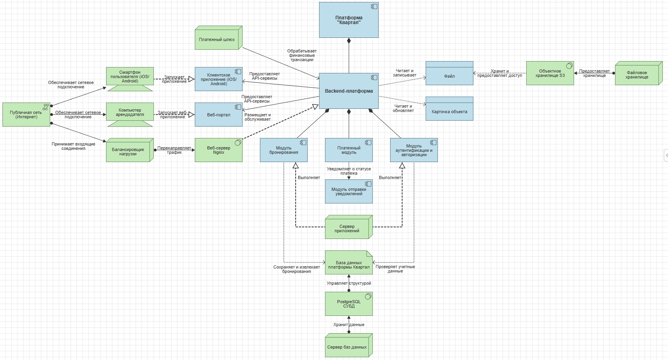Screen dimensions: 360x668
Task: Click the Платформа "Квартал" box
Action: [349, 20]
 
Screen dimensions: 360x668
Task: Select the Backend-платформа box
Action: [349, 91]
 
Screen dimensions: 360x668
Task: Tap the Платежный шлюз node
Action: [217, 39]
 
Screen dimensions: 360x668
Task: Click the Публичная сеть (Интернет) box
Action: [26, 115]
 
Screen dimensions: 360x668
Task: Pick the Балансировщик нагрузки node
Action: [128, 152]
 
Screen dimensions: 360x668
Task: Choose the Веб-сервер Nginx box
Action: [219, 150]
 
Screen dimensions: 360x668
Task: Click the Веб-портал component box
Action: [219, 115]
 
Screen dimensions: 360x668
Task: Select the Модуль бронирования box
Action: [284, 150]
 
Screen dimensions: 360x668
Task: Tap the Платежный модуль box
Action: [349, 150]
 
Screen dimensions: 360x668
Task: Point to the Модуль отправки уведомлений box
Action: [349, 192]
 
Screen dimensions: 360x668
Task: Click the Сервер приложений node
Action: [347, 229]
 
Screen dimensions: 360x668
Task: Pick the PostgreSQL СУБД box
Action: [349, 304]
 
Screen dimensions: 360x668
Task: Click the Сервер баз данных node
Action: [347, 347]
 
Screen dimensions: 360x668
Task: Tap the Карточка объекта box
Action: [449, 112]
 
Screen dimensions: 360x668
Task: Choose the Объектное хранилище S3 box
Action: [550, 73]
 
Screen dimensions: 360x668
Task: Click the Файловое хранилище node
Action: [637, 75]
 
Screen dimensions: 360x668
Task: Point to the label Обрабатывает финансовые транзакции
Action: [302, 56]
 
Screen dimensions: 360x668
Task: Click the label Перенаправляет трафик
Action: [174, 150]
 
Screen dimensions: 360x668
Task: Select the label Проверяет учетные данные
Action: [395, 269]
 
